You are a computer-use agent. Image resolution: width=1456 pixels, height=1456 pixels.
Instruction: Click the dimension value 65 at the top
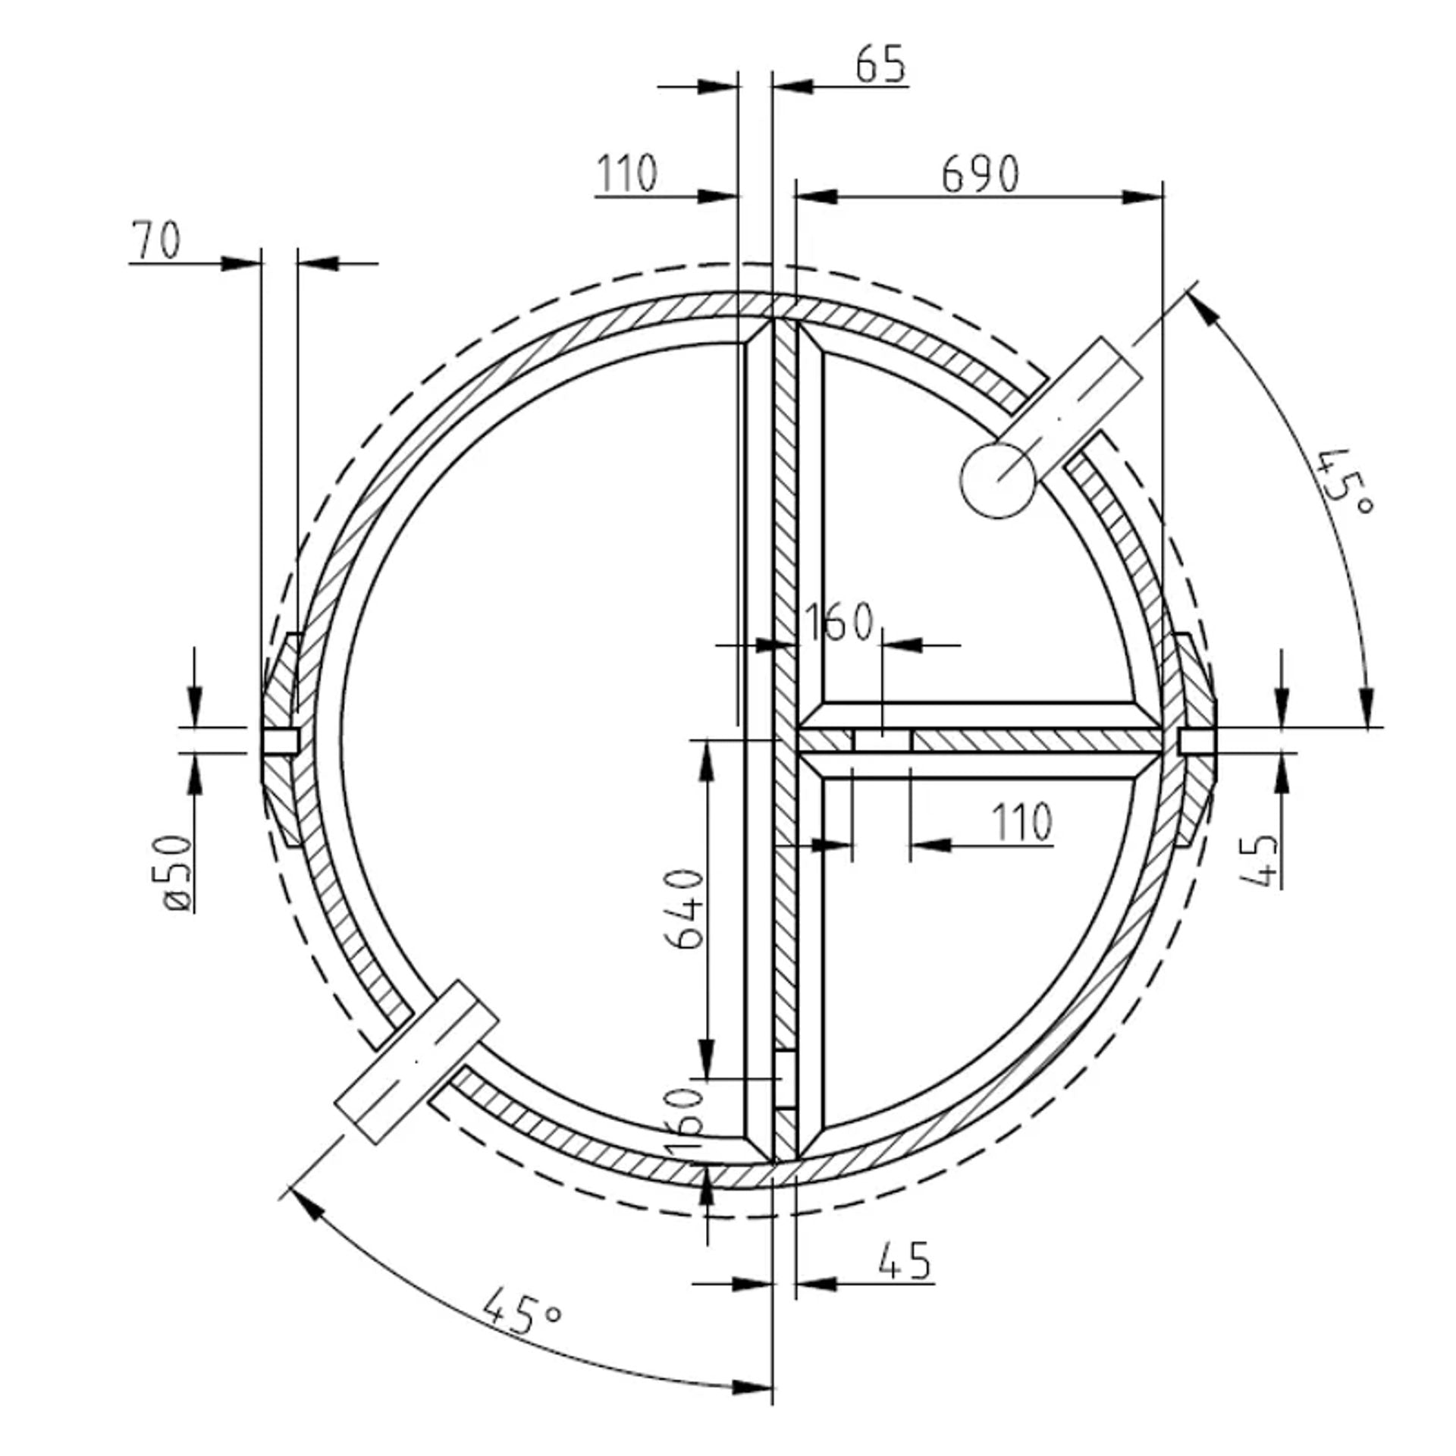pos(880,65)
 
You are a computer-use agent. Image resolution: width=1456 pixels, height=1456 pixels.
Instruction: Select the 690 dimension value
pos(980,174)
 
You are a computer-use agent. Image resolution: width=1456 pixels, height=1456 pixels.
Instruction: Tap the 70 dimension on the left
pos(157,240)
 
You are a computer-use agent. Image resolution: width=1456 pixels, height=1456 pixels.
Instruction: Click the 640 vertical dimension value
pos(685,908)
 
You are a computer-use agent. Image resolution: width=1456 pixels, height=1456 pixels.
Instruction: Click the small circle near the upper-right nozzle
pos(998,481)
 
